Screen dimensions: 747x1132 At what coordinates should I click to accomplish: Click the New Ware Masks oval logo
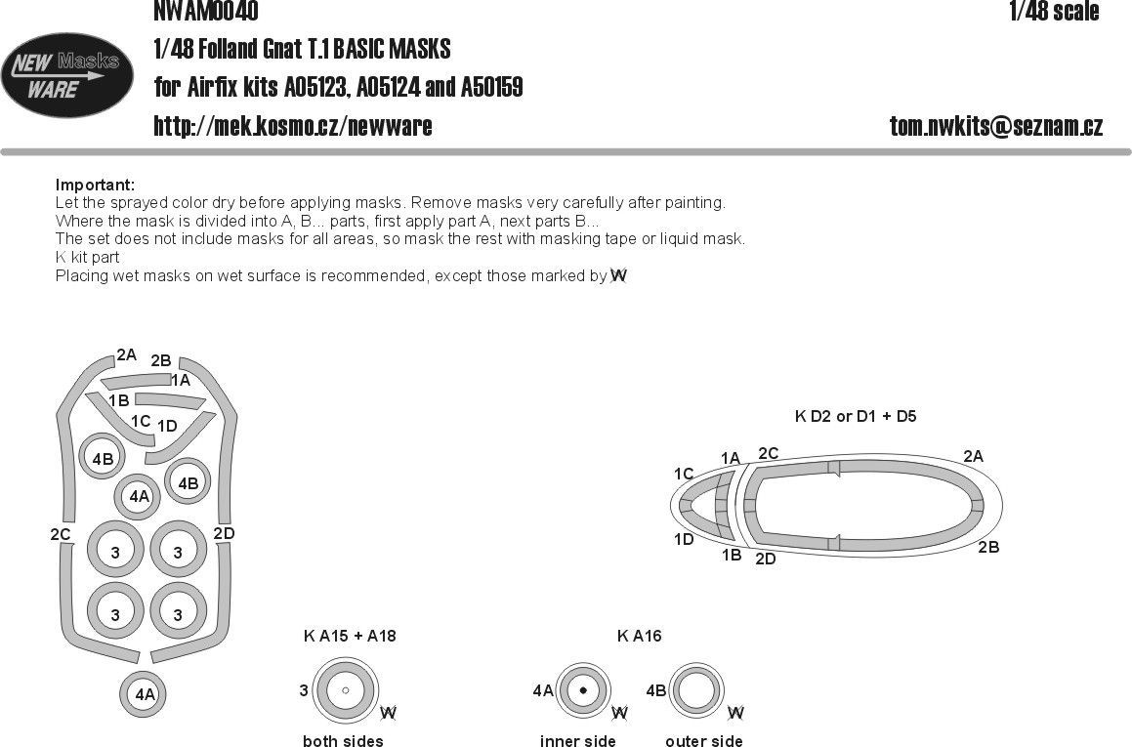tap(67, 75)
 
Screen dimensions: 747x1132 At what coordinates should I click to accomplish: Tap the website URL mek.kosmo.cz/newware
tap(292, 126)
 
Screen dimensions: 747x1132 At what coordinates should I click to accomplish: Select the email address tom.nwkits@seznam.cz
tap(995, 126)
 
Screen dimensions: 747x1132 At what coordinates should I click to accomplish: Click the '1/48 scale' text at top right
tap(1054, 12)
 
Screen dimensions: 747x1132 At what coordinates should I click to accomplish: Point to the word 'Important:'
tap(95, 185)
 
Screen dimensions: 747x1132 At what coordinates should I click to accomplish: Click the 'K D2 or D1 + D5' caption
tap(856, 416)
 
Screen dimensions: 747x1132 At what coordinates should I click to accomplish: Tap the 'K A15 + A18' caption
tap(350, 637)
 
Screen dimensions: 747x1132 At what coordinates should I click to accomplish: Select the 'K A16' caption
tap(639, 637)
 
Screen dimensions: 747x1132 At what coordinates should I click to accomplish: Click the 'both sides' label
tap(343, 741)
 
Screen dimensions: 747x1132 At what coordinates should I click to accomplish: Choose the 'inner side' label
tap(577, 741)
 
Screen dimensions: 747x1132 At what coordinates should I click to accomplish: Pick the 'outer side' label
tap(703, 741)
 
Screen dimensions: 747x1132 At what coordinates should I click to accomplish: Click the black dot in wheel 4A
tap(583, 690)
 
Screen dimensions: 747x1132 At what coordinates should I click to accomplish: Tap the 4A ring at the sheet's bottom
tap(145, 695)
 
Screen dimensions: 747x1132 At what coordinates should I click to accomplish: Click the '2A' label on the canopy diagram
tap(973, 456)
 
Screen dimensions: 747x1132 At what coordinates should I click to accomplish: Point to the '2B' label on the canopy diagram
tap(988, 548)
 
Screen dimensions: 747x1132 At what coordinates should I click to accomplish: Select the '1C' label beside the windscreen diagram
tap(684, 475)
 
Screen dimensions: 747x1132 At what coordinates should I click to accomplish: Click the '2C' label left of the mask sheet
tap(61, 534)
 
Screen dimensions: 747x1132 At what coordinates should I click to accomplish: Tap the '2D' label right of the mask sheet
tap(224, 533)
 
